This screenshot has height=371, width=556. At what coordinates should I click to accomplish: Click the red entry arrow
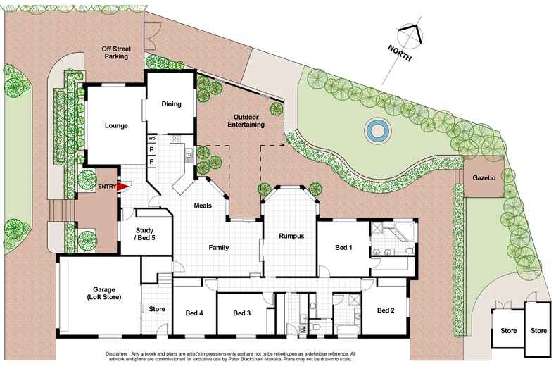point(121,187)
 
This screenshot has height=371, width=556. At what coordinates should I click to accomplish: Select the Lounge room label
point(116,126)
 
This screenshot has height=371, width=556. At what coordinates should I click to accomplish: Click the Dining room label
point(172,104)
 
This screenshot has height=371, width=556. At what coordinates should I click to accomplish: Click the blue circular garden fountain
point(376,130)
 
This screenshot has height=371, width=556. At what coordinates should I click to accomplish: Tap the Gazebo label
point(484,179)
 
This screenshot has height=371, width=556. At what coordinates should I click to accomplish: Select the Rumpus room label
point(291,237)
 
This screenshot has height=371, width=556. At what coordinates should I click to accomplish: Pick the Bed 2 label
point(385,310)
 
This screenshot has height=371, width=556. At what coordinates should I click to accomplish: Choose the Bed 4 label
point(194,313)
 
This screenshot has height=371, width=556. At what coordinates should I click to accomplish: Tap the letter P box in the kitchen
point(151,150)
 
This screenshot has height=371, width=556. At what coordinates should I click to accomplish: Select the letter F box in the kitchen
point(151,162)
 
